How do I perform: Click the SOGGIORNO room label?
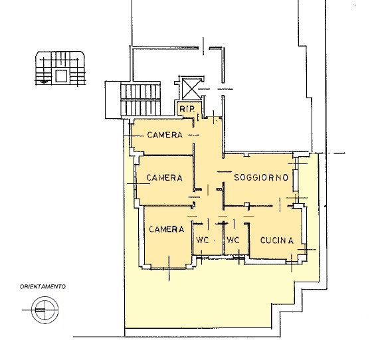tap(261, 177)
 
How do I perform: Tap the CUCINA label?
tap(277, 240)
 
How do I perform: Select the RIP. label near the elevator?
tap(187, 109)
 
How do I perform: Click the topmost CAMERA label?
tap(165, 135)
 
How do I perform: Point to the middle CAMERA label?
tap(165, 177)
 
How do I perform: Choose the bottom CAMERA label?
tap(167, 229)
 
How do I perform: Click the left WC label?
tap(203, 240)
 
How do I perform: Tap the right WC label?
tap(233, 240)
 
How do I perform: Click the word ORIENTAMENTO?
tap(43, 287)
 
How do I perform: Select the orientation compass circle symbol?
tap(45, 310)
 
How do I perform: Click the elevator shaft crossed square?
tap(191, 89)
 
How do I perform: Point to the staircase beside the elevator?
tap(140, 100)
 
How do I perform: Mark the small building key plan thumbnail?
tap(60, 68)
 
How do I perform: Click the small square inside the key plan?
tap(61, 76)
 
